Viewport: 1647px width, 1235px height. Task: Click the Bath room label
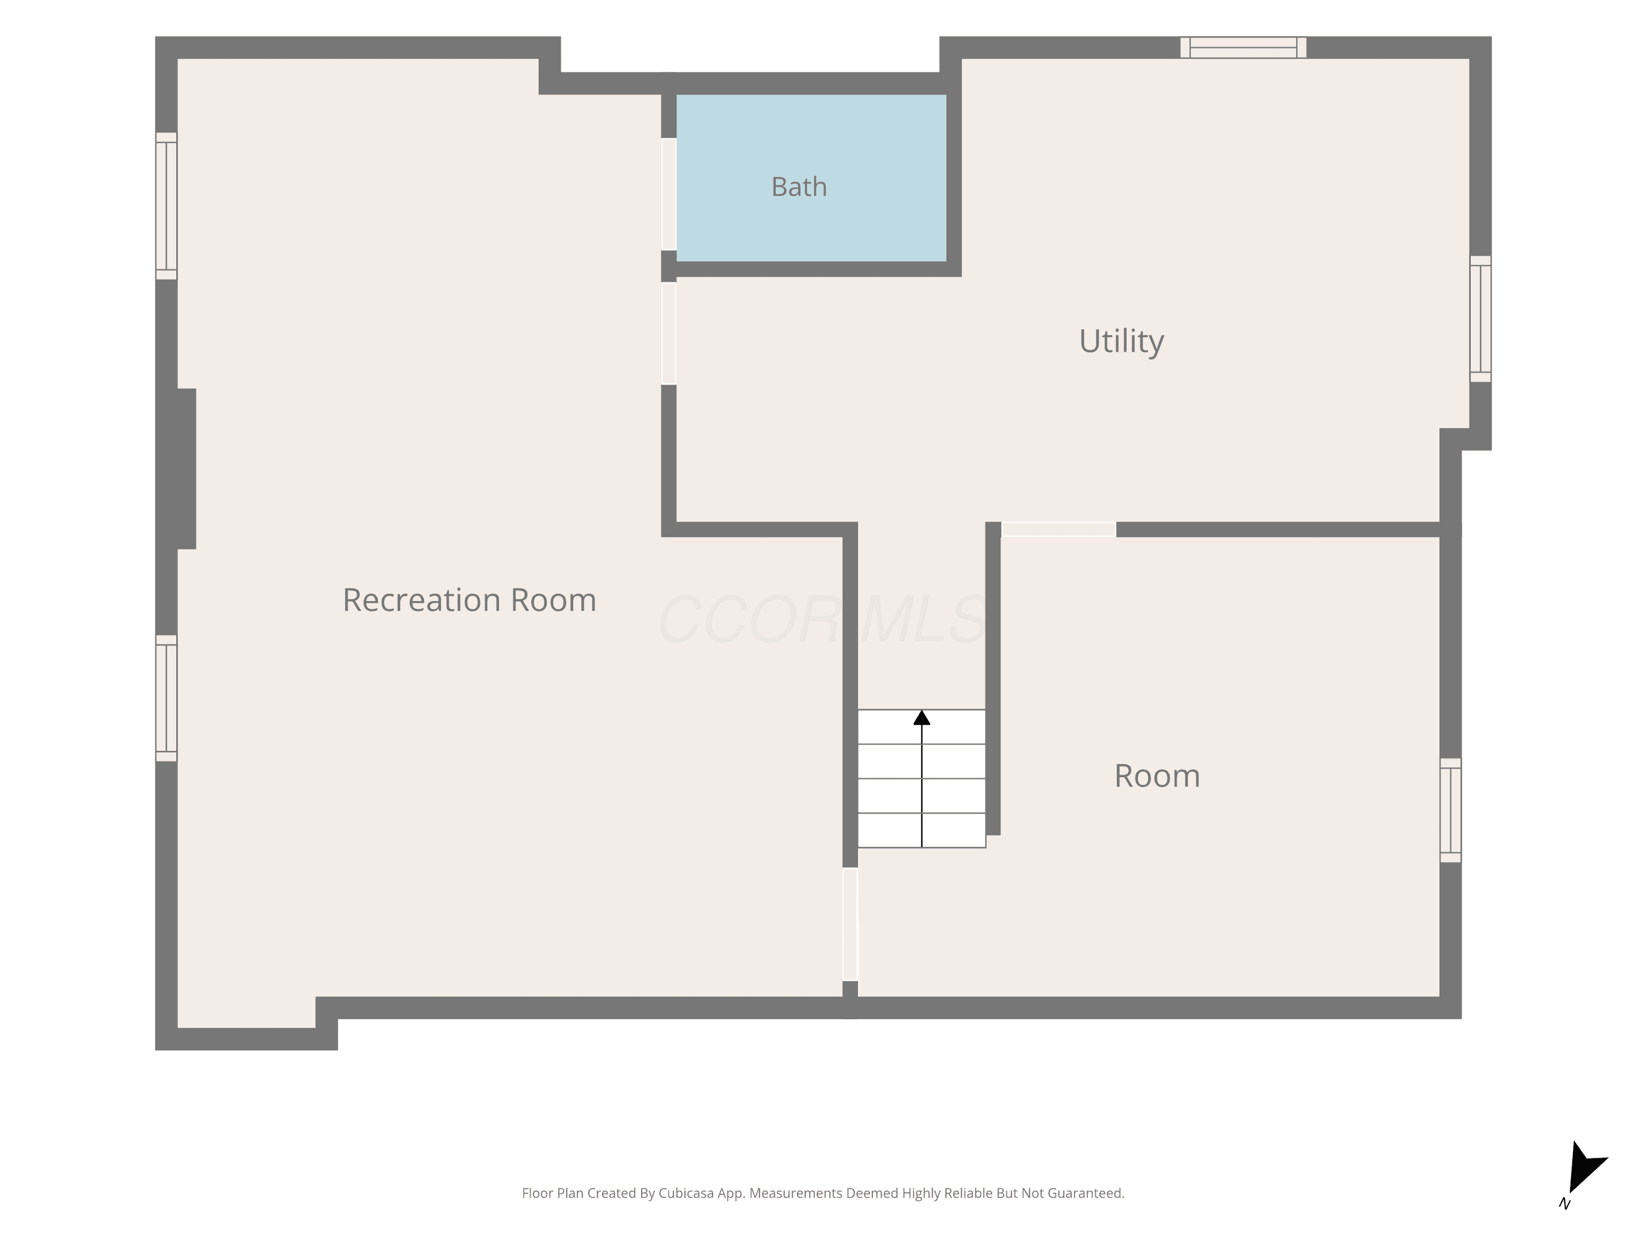pos(799,187)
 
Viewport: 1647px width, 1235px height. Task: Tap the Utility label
pos(1121,342)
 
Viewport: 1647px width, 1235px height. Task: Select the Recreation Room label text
pos(469,600)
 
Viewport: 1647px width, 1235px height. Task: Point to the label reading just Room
pos(1157,777)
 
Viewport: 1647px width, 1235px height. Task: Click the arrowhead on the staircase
pos(922,717)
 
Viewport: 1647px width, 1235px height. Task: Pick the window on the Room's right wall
pos(1450,811)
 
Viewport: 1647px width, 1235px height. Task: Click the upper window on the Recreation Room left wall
pos(166,206)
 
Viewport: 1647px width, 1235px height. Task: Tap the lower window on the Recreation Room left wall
pos(166,698)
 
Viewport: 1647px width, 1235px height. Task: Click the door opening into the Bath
pos(669,194)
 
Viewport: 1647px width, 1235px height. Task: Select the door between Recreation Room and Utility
pos(669,334)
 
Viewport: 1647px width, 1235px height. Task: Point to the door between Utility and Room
pos(1059,529)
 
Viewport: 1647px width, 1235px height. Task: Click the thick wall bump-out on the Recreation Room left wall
pos(186,469)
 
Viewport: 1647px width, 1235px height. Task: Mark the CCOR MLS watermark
pos(823,619)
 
